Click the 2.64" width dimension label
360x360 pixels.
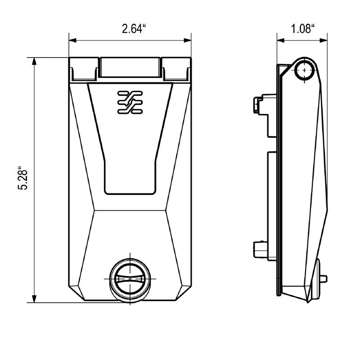click(x=134, y=30)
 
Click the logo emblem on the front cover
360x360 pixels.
click(x=130, y=101)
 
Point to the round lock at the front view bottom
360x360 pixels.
click(x=130, y=279)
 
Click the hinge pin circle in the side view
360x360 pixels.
click(x=306, y=71)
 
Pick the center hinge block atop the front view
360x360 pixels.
click(x=130, y=67)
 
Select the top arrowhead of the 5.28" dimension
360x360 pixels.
click(x=35, y=61)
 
